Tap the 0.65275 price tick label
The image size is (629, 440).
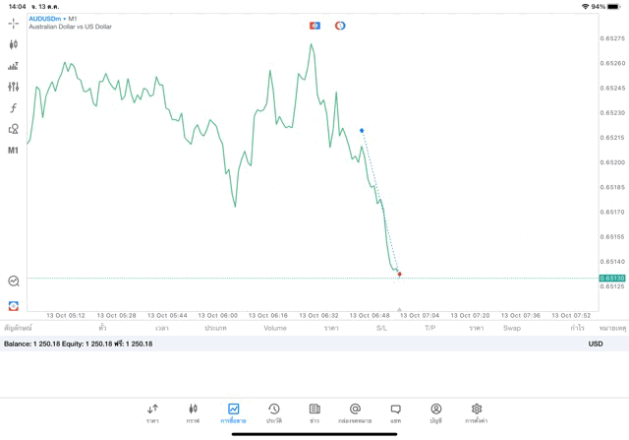click(x=612, y=38)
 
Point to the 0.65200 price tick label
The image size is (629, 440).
click(x=612, y=162)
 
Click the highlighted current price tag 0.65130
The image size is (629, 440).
click(x=612, y=279)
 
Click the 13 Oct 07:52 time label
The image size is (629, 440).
click(x=570, y=316)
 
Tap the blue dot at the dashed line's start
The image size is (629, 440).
click(x=362, y=130)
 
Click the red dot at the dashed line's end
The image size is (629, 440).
click(x=399, y=274)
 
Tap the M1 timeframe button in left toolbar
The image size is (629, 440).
click(x=13, y=151)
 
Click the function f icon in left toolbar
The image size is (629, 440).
click(x=13, y=108)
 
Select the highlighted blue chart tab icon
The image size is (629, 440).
click(x=233, y=409)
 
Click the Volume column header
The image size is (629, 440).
click(x=275, y=328)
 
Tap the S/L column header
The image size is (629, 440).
click(x=381, y=328)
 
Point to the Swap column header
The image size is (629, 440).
click(x=511, y=328)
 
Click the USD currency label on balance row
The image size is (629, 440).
click(x=596, y=344)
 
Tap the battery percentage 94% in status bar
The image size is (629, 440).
click(x=599, y=6)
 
